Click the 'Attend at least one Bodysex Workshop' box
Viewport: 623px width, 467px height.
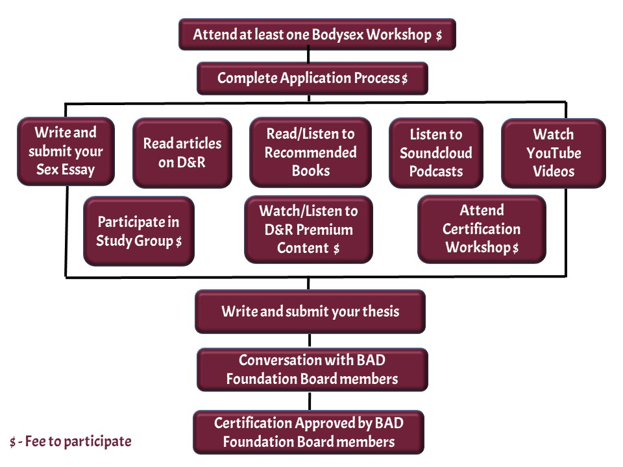pyautogui.click(x=317, y=34)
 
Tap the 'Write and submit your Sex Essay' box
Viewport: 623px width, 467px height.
pyautogui.click(x=66, y=151)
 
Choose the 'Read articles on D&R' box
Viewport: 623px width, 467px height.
pyautogui.click(x=182, y=152)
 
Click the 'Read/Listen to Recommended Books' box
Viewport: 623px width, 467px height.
pyautogui.click(x=310, y=152)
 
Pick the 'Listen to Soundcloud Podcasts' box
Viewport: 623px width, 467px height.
pyautogui.click(x=435, y=152)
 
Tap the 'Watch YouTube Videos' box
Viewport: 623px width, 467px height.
pyautogui.click(x=553, y=152)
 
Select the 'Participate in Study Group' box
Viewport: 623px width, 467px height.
pyautogui.click(x=138, y=232)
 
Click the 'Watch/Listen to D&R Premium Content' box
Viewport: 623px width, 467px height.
pyautogui.click(x=308, y=229)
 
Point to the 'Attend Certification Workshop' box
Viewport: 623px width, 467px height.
pyautogui.click(x=482, y=229)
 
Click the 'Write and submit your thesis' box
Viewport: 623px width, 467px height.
pyautogui.click(x=310, y=311)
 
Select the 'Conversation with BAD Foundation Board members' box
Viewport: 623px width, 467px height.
pyautogui.click(x=312, y=370)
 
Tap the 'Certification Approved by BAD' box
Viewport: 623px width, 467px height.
pyautogui.click(x=308, y=432)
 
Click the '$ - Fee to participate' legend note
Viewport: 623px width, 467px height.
pyautogui.click(x=70, y=442)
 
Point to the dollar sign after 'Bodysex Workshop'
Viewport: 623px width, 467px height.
pyautogui.click(x=439, y=36)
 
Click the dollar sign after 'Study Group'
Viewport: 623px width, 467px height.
pyautogui.click(x=178, y=242)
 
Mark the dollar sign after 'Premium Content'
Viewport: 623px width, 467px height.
pyautogui.click(x=336, y=248)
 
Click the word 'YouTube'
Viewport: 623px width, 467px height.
pyautogui.click(x=554, y=153)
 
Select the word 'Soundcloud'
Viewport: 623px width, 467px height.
pyautogui.click(x=435, y=153)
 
